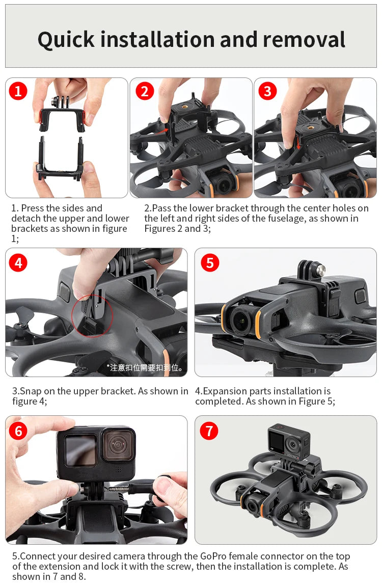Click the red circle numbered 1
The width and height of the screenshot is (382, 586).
[18, 91]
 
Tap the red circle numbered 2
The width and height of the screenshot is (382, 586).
[145, 91]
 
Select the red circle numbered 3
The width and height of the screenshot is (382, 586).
[267, 91]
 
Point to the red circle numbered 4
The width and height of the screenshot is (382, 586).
[18, 263]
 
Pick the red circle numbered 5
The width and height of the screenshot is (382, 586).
[210, 263]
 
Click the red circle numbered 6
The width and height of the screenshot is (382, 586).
[18, 431]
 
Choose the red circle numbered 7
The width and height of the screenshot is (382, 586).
[209, 431]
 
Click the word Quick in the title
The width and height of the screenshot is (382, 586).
[66, 40]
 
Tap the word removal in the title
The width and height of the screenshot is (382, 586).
[304, 39]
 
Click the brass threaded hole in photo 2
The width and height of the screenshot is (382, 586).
[184, 106]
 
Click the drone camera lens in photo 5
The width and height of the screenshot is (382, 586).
[240, 320]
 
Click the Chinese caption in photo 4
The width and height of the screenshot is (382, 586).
[145, 368]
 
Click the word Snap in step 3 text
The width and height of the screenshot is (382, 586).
[30, 391]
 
